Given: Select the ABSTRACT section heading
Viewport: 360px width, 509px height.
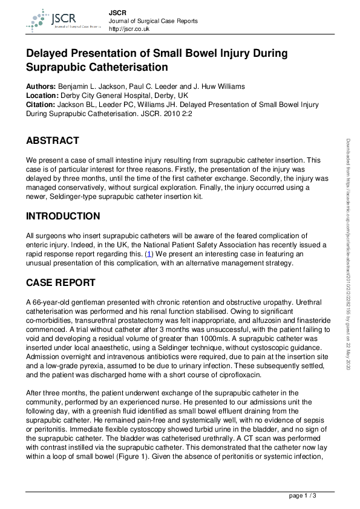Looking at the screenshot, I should click(x=52, y=141).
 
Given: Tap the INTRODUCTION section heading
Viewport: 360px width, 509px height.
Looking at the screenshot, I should click(x=63, y=216).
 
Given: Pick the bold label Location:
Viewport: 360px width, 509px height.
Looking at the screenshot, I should click(x=42, y=96).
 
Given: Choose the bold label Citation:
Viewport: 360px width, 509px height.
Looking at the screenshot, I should click(x=41, y=105).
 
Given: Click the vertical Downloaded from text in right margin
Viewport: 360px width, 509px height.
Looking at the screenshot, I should click(x=349, y=254).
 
